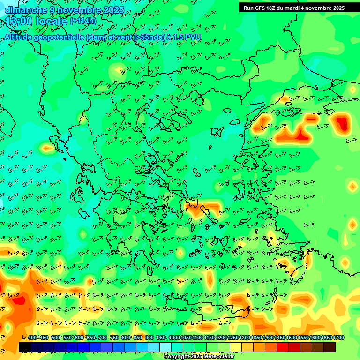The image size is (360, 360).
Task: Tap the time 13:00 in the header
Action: [x=20, y=21]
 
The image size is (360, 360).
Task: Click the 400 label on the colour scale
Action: [x=32, y=338]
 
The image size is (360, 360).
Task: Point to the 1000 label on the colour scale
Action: [x=174, y=338]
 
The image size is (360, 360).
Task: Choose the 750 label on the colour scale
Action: [x=114, y=338]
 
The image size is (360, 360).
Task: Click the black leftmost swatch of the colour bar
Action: [x=24, y=347]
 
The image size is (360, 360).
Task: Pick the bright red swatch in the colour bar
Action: [x=282, y=347]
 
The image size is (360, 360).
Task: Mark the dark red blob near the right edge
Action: [x=343, y=124]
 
